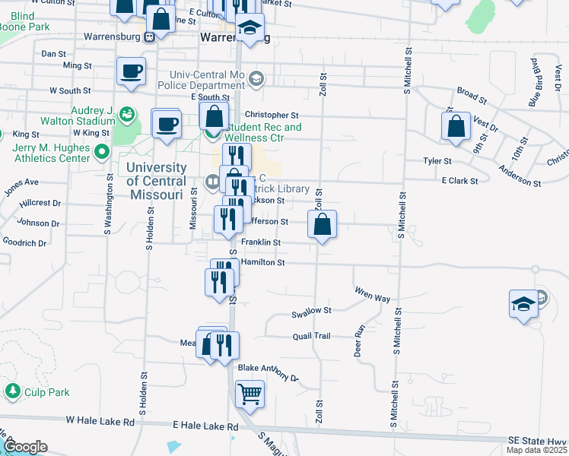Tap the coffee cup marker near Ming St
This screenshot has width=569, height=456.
click(131, 71)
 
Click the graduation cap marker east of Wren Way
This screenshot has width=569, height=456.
click(523, 305)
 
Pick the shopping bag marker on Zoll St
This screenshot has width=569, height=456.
click(322, 224)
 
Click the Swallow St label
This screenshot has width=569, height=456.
click(312, 311)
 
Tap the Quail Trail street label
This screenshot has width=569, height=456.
click(312, 336)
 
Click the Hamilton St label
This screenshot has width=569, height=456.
click(262, 262)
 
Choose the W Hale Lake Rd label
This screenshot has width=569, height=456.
click(100, 420)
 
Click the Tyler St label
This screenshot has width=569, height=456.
click(437, 161)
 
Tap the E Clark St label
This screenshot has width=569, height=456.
click(459, 181)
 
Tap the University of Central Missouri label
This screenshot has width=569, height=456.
click(156, 181)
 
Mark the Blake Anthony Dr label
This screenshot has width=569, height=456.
click(268, 372)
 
